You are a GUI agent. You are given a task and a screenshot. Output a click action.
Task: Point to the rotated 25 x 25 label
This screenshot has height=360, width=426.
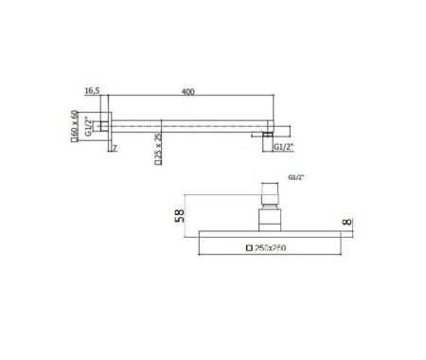[x=157, y=146]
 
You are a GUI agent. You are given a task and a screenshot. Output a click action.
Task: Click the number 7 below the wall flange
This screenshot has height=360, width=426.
[x=114, y=150]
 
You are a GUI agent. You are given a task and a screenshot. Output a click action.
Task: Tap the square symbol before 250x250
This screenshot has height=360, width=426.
[x=249, y=247]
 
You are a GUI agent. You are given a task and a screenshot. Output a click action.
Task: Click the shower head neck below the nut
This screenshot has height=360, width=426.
[x=269, y=219]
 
